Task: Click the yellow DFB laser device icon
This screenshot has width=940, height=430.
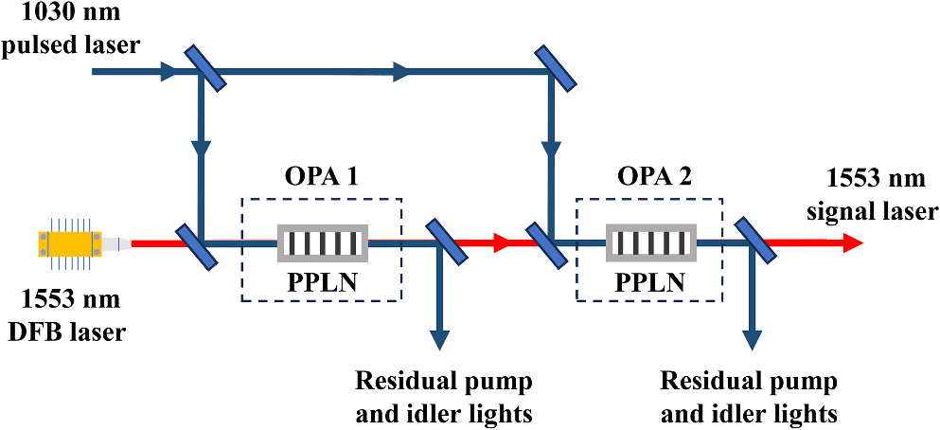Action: [67, 243]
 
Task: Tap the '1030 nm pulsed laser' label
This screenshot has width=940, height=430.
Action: [71, 31]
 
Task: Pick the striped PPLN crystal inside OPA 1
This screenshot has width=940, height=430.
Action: [322, 243]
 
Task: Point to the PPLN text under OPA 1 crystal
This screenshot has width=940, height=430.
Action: [322, 282]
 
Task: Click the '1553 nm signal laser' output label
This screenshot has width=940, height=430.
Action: [880, 195]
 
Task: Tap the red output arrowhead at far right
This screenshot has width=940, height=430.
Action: [852, 243]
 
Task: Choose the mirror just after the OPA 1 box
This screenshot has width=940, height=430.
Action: [441, 243]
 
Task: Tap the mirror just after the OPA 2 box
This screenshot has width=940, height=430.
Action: [753, 243]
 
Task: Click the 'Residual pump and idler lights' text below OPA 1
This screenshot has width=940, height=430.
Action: [443, 398]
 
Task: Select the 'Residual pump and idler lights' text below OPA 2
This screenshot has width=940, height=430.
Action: [749, 398]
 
